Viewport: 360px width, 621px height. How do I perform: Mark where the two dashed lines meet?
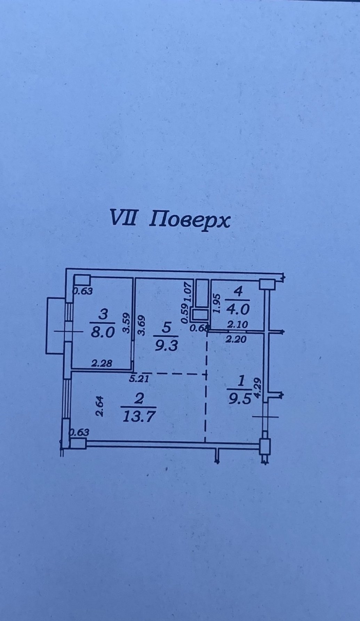(x=206, y=374)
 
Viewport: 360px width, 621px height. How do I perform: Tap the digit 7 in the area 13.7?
(x=150, y=416)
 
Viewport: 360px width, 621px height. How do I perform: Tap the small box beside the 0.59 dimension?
(x=200, y=315)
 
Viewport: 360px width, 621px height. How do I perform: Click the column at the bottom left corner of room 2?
(x=78, y=443)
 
